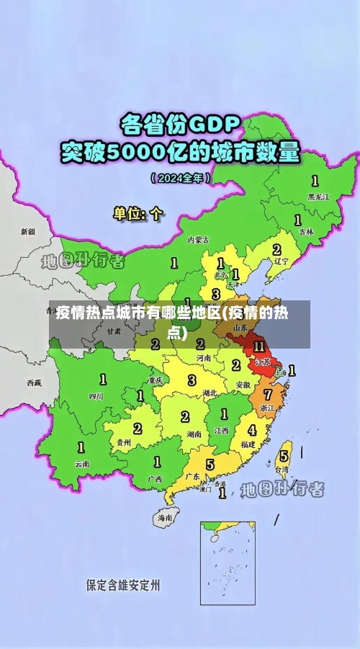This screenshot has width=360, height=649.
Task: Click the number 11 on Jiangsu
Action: [x=258, y=346]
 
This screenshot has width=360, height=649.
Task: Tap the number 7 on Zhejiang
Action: [x=267, y=395]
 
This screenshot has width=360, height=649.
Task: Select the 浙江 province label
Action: [x=266, y=408]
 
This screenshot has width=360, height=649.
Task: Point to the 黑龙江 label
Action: [x=318, y=195]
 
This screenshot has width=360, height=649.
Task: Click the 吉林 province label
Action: [x=306, y=232]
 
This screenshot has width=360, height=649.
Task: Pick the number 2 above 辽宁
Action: [x=276, y=249]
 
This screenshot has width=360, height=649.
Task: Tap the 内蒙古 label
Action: [x=198, y=239]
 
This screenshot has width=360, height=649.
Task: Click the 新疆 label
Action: [x=27, y=232]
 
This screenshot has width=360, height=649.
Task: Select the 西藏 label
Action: [x=35, y=382]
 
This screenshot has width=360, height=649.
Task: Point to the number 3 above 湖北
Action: [x=192, y=380]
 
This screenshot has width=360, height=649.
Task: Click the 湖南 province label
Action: [x=194, y=434]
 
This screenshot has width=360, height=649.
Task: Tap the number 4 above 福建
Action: [x=251, y=430]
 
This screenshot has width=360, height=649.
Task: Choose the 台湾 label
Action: [x=282, y=469]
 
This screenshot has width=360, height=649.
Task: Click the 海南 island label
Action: [x=165, y=516]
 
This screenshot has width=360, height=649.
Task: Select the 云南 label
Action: [x=82, y=464]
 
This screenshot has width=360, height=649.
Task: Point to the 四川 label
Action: [x=96, y=395]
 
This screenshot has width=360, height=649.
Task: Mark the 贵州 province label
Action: [x=124, y=442]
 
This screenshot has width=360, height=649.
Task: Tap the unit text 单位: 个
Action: [x=138, y=213]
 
